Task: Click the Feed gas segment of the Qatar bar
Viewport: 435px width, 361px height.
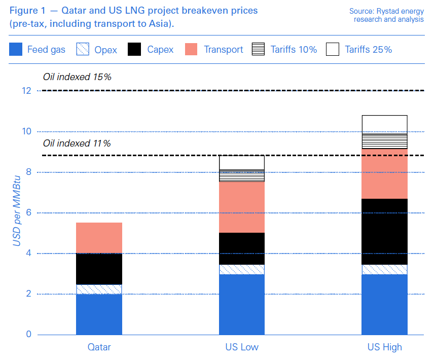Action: tap(99, 314)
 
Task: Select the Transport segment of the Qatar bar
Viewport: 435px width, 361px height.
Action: tap(99, 238)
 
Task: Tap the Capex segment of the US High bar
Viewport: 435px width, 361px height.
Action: tap(384, 231)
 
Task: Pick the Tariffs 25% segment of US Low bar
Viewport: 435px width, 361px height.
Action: tap(242, 163)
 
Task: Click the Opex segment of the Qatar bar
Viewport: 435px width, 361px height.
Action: tap(99, 290)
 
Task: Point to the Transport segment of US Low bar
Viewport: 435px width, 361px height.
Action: tap(242, 207)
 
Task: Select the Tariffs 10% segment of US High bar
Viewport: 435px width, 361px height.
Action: tap(384, 141)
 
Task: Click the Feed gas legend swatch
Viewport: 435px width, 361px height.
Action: tap(16, 49)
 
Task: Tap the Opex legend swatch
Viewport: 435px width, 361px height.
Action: tap(83, 49)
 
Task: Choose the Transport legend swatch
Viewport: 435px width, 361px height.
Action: tap(192, 49)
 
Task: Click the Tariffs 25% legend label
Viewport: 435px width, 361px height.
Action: tap(369, 49)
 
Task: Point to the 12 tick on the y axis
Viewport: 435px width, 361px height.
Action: tap(26, 91)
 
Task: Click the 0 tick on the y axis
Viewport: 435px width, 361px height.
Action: tap(28, 335)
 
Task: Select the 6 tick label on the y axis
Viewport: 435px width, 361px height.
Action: tap(28, 213)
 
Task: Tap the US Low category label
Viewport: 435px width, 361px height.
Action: tap(242, 347)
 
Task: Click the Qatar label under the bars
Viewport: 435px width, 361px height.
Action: tap(99, 347)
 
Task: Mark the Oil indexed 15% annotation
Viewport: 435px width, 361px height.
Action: tap(77, 78)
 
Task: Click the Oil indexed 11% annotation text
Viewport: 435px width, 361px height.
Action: tap(77, 143)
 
